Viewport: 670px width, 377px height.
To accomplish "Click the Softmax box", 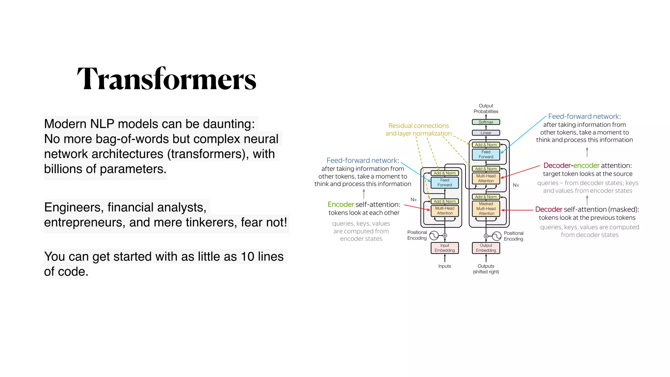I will coord(486,122).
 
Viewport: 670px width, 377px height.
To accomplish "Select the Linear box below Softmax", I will coord(486,133).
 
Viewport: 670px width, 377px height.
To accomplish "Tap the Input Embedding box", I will coord(445,248).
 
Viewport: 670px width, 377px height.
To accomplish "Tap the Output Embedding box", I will coord(486,248).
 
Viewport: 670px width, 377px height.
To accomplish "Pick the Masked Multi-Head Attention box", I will coord(486,209).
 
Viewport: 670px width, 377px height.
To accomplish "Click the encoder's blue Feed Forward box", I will coord(445,183).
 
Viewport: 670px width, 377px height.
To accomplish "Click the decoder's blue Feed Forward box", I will coord(486,154).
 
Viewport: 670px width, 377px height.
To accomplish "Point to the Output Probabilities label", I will coord(486,109).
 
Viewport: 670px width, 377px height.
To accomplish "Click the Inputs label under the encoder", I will coord(445,266).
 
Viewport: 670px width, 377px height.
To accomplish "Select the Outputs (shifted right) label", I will coord(486,269).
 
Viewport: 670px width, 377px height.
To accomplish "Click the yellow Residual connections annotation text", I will coord(418,126).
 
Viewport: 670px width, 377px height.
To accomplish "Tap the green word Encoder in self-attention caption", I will coord(341,205).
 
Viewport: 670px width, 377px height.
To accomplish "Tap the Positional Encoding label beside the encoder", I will coord(417,235).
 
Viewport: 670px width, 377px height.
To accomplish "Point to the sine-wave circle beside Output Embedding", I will coord(497,236).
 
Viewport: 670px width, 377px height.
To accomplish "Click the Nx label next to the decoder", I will coord(516,185).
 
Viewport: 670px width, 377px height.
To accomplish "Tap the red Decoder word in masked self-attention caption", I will coord(549,209).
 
